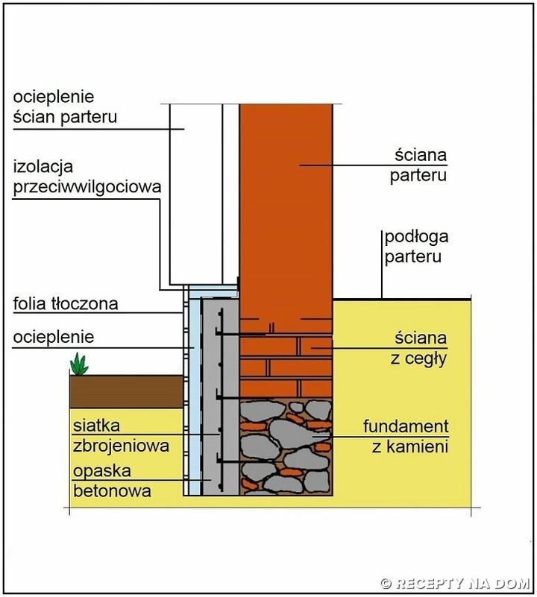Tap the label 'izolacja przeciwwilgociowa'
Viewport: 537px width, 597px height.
(x=87, y=177)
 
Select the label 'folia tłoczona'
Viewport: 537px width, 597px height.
(x=66, y=304)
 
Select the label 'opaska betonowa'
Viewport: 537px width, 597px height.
(x=112, y=481)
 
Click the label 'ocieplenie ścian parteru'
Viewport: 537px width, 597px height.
(x=66, y=107)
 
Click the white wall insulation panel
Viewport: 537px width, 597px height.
(x=195, y=194)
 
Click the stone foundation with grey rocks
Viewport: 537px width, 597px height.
(x=285, y=448)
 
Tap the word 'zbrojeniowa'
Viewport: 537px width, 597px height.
(x=121, y=446)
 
